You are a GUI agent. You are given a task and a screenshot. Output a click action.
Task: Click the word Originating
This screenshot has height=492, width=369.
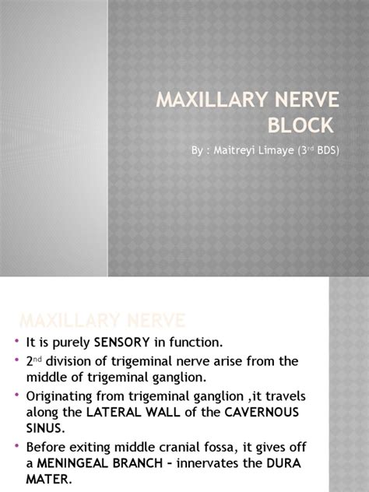tap(62, 396)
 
